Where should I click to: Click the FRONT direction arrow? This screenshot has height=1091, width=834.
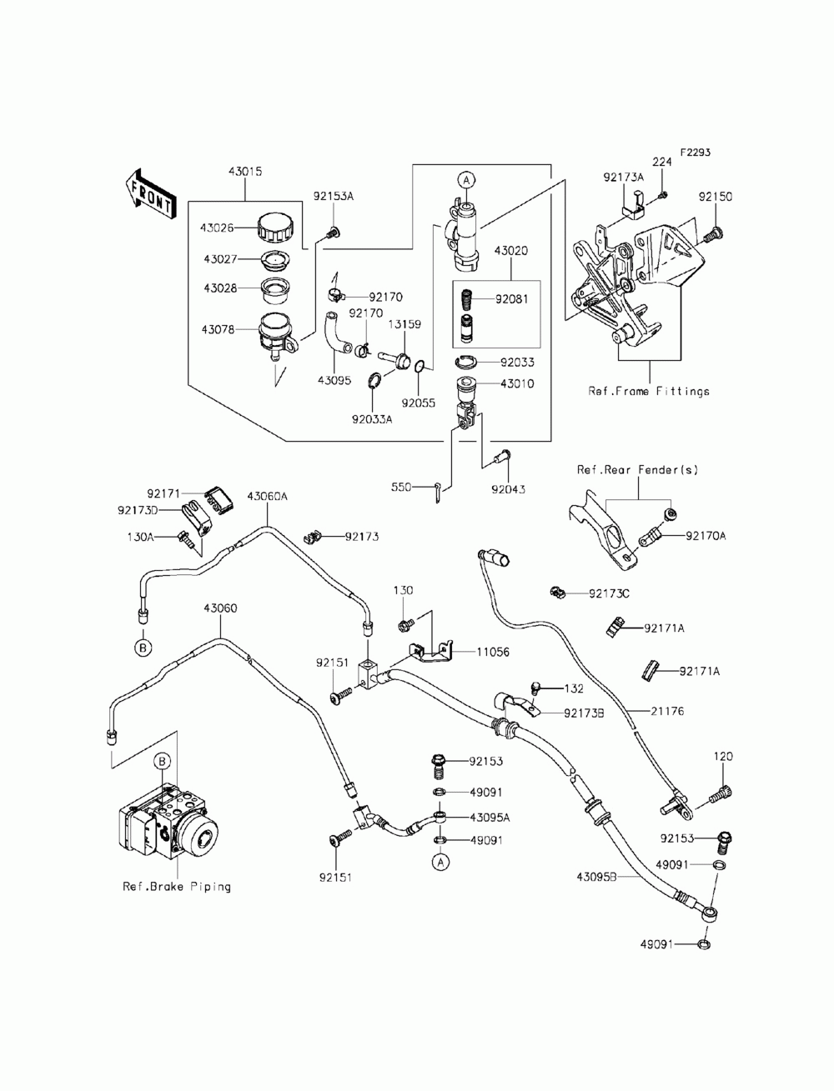point(149,194)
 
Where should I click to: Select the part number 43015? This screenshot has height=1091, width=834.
point(245,172)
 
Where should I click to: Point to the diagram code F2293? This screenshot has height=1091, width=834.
point(696,153)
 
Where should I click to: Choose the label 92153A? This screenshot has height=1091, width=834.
point(334,197)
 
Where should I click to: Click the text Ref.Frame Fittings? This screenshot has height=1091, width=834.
point(649,391)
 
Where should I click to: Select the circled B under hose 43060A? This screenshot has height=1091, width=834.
point(143,648)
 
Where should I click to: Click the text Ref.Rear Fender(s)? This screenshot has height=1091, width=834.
point(637,470)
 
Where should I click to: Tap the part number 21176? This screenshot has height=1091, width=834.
point(667,711)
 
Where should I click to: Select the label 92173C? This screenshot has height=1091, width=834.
point(609,593)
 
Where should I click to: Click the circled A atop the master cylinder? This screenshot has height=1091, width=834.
point(466,179)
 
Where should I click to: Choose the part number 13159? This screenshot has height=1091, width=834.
point(404,324)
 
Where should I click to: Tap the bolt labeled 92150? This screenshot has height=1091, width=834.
point(714,234)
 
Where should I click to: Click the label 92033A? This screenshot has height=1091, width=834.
point(372,419)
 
